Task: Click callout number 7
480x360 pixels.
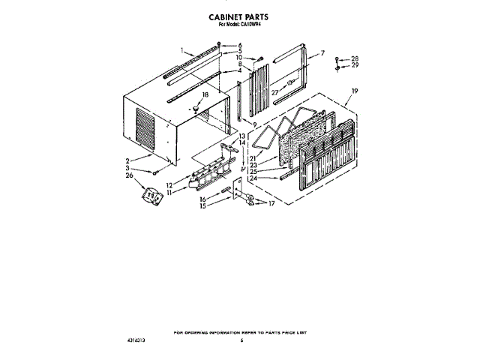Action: click(322, 53)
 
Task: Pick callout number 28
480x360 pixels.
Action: click(355, 58)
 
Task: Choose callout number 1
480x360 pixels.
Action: click(181, 50)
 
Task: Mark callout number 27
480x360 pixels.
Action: click(275, 93)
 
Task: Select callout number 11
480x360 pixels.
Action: click(169, 193)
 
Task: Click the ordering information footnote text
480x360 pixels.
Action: click(240, 331)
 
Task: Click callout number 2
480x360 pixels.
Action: click(128, 160)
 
